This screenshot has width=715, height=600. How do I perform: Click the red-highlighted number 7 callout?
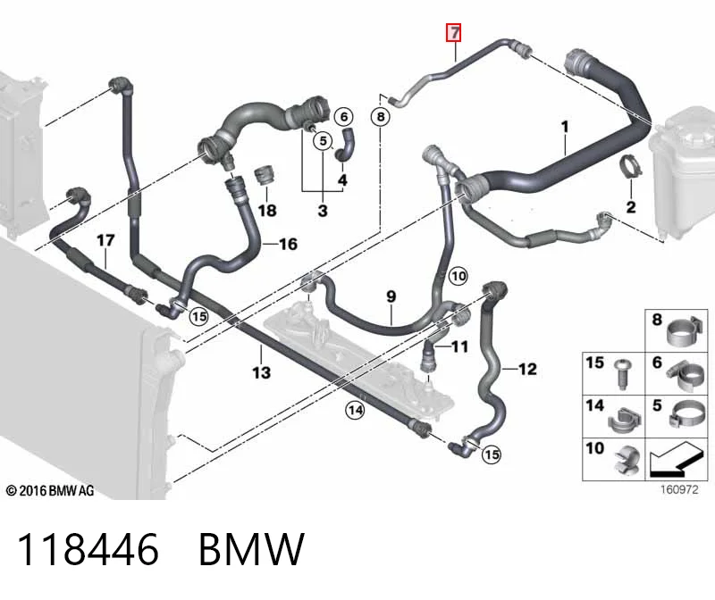coord(454,33)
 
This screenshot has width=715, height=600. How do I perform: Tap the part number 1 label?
coord(565,127)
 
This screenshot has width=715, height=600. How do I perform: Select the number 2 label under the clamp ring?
coord(631,207)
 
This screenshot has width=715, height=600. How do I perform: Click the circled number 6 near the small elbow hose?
coord(344,117)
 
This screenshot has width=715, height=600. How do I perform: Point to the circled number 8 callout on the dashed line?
coord(381,117)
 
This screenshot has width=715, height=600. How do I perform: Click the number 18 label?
coord(267,210)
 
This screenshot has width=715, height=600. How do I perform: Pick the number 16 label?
coord(288,244)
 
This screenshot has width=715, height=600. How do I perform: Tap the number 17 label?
coord(105,240)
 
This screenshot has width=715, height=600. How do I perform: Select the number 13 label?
coord(261,372)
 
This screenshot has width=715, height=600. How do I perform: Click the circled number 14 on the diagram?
coord(355,411)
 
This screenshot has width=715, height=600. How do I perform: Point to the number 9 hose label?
coord(391,296)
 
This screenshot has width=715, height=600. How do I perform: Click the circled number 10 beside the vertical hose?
coord(458,276)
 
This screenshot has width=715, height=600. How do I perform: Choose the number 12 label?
coord(527,369)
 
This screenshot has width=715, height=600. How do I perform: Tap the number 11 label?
coord(459,347)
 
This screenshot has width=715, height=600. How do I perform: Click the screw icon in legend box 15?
coord(621,375)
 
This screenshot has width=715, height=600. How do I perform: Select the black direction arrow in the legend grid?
coord(676,459)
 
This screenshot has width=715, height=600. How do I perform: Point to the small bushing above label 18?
coord(264,176)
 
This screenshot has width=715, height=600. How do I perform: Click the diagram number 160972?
coord(679,490)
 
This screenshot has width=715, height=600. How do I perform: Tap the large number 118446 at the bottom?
coord(88,549)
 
